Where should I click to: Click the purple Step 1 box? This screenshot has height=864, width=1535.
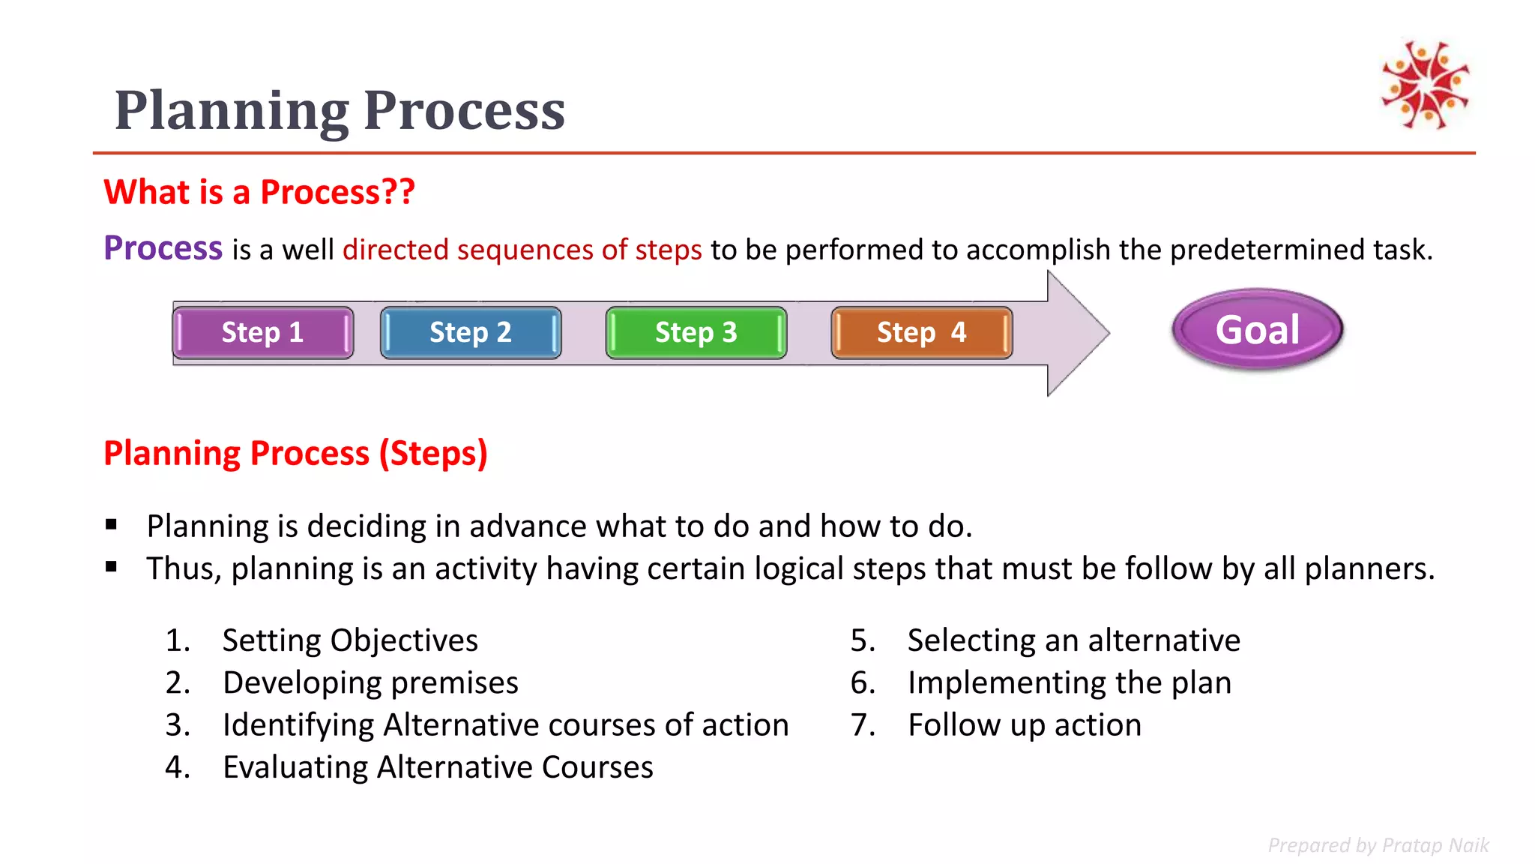point(262,332)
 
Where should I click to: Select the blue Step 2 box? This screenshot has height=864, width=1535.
point(471,332)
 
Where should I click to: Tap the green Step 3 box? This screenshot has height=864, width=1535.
point(696,332)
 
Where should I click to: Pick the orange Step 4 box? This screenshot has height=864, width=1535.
point(922,332)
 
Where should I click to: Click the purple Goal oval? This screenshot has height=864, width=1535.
point(1258,330)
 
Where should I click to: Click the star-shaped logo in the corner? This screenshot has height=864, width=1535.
point(1425,84)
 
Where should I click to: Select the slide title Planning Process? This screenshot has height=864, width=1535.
point(340,110)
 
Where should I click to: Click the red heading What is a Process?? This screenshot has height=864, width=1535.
point(259,192)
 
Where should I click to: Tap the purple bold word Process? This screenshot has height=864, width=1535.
point(163,248)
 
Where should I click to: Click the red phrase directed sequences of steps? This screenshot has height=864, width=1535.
point(522,250)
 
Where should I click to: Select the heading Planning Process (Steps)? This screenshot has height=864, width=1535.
point(295,453)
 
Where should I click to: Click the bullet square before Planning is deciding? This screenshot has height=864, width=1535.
point(112,525)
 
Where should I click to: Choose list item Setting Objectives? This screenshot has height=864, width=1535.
point(350,640)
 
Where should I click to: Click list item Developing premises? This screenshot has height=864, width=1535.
point(370,683)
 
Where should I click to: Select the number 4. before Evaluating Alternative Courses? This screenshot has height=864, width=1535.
point(178,767)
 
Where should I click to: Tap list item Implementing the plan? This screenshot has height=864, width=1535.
point(1069,683)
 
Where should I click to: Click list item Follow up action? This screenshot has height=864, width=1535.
point(1024,725)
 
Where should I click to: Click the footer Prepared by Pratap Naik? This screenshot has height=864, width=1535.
point(1378,845)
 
